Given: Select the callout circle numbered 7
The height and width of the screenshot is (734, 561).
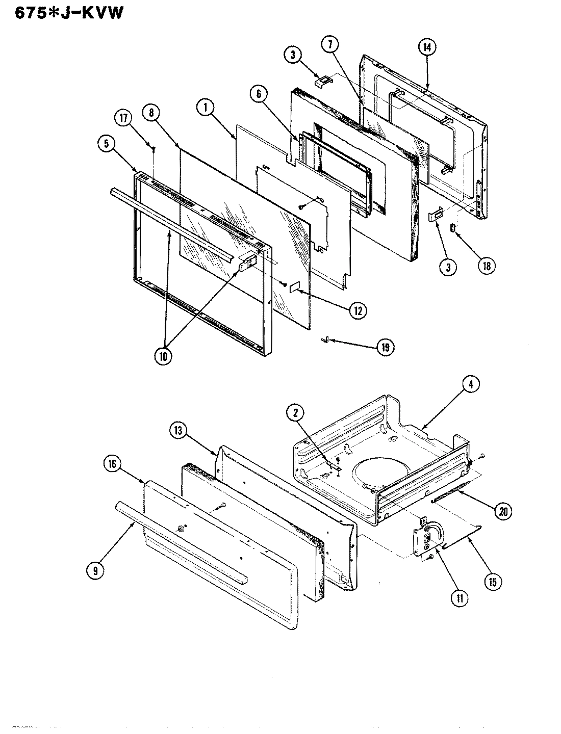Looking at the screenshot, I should pyautogui.click(x=330, y=44).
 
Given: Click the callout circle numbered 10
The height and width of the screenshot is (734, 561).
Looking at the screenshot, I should pyautogui.click(x=163, y=356).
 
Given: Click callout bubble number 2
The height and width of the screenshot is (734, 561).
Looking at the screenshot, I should pyautogui.click(x=295, y=413).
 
